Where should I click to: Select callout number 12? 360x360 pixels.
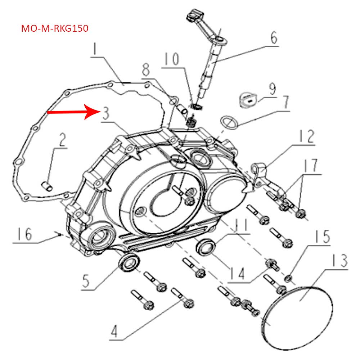pos(305,137)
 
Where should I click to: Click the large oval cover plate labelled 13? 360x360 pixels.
pos(297,317)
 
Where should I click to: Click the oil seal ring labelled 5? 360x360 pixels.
pos(129,262)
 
